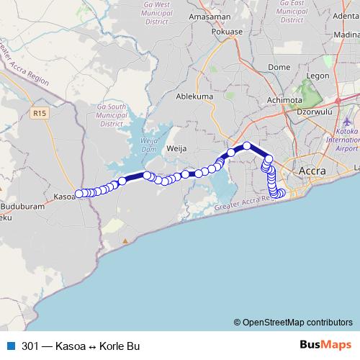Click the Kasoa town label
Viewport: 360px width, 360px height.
pos(64,195)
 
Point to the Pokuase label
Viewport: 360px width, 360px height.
pos(227,32)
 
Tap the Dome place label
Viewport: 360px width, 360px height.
pos(278,67)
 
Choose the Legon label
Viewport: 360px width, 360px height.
pos(317,76)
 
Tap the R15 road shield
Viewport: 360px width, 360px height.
pos(40,113)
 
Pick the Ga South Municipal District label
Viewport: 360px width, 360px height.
pos(111,115)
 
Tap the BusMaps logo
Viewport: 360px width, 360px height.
pos(326,346)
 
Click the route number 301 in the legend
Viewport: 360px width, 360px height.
pos(30,346)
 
